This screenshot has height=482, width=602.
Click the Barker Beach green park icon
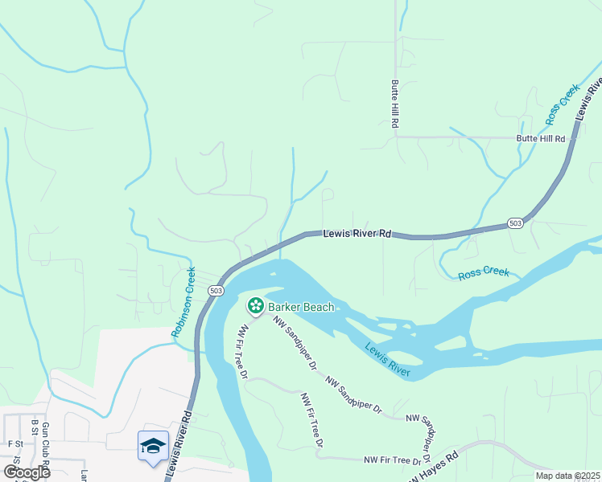(x=256, y=306)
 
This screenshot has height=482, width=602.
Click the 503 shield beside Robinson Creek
(x=215, y=289)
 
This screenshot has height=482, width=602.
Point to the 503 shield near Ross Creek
(x=517, y=223)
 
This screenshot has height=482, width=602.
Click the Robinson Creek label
(x=183, y=301)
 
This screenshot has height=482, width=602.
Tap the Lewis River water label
(x=388, y=359)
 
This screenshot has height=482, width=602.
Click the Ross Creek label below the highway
(x=484, y=273)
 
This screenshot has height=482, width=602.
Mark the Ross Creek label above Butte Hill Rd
(x=563, y=104)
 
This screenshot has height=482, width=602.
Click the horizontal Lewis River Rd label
(x=357, y=235)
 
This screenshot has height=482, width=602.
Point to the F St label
(x=14, y=443)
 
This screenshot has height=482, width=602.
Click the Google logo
(x=26, y=472)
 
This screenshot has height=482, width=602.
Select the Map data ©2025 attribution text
(x=567, y=476)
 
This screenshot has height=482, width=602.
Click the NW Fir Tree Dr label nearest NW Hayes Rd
(x=394, y=460)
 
